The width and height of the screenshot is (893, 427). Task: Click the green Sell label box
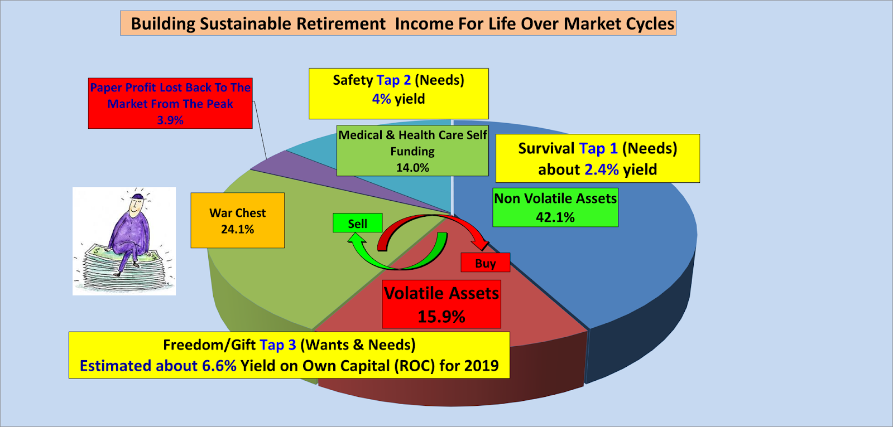[x=358, y=224]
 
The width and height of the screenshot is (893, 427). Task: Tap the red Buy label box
[x=485, y=263]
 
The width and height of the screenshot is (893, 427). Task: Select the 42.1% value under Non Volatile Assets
[x=555, y=217]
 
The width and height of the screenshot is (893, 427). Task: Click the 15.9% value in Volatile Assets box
[x=441, y=317]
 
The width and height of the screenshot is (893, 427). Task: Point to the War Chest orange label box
[x=237, y=221]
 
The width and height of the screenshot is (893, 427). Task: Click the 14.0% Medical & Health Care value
[x=412, y=168]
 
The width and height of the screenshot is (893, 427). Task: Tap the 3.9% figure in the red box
[x=170, y=120]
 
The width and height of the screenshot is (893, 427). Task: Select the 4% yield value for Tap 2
[x=381, y=99]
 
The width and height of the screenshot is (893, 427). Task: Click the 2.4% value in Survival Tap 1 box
[x=601, y=169]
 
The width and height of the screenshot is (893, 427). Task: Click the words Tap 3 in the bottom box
[x=277, y=345]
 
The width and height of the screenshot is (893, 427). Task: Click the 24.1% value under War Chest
[x=237, y=230]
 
